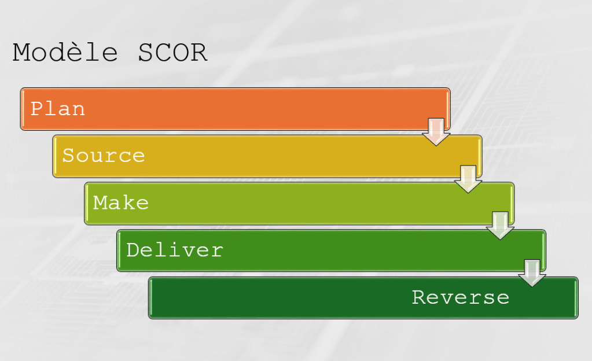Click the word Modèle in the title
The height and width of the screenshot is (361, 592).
pos(65,52)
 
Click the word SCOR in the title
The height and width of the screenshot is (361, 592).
pos(172,53)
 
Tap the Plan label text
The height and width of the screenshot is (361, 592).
pos(57,109)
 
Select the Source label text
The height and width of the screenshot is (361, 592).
pos(104,156)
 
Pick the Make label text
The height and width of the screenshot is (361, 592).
pos(121,203)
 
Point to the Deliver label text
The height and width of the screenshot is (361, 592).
pos(175,250)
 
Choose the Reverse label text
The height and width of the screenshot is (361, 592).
pos(461,297)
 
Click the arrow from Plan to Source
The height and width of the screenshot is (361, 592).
pos(436,132)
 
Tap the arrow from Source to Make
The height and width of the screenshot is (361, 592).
pos(468,179)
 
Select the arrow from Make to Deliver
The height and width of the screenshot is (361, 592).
pos(500,226)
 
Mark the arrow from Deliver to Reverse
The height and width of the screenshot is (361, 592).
pos(532,273)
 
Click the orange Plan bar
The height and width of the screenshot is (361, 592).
pos(235,109)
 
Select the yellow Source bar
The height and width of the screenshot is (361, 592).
pos(267,156)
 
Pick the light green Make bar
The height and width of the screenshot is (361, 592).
pos(299,204)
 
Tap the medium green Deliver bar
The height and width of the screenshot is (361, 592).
pos(332,251)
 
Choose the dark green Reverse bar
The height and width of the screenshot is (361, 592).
pos(363,298)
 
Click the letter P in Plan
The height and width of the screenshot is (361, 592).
pos(36,109)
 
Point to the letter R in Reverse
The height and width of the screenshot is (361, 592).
pos(419,297)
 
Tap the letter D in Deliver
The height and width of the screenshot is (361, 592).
pos(133,250)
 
